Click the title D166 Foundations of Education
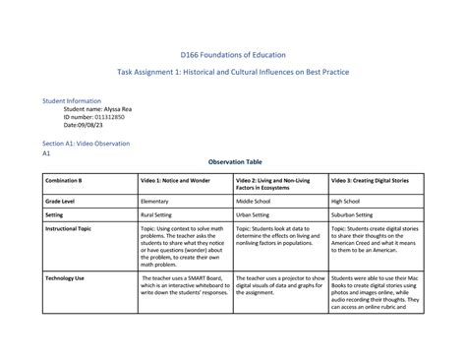pyautogui.click(x=232, y=57)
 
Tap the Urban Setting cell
pyautogui.click(x=258, y=213)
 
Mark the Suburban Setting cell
pyautogui.click(x=357, y=213)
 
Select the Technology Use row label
pyautogui.click(x=64, y=278)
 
